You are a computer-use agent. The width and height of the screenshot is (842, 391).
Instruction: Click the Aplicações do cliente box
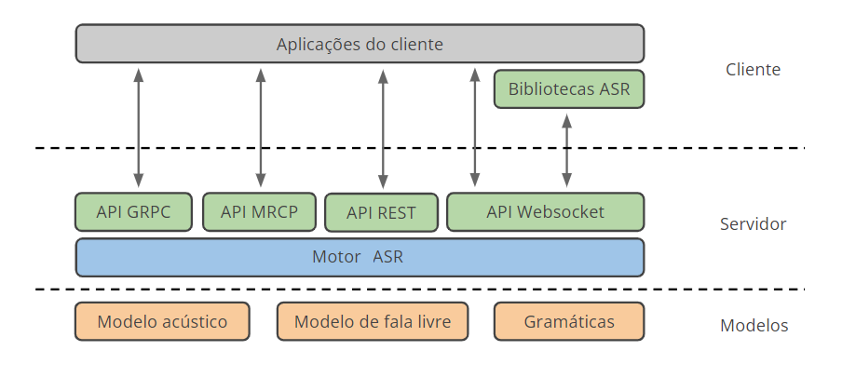point(360,44)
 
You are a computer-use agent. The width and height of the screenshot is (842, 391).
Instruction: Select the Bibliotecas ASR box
point(568,89)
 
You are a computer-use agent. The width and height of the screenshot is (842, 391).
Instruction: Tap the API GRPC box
point(133,211)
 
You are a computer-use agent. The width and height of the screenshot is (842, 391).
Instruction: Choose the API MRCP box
point(259,211)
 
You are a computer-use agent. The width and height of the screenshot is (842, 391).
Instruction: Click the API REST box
point(381,212)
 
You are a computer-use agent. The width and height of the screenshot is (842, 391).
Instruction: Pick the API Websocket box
point(545,211)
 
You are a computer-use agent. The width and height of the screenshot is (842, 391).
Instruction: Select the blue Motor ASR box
point(360,257)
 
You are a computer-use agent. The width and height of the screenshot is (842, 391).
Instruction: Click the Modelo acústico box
point(162,322)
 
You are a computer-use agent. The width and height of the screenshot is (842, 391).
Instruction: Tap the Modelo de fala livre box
point(373,322)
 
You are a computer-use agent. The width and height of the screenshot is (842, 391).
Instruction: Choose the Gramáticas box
point(568,322)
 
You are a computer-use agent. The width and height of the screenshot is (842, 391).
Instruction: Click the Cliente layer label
point(753,70)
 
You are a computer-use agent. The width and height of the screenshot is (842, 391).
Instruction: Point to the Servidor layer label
point(753,224)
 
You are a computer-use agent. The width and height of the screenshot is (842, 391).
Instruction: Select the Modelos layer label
point(754,326)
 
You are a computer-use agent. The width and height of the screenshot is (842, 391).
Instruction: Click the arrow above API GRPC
point(139,126)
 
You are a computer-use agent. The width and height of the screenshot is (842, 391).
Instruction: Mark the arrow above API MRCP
point(261,126)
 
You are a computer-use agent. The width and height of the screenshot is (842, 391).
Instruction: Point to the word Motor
point(336,257)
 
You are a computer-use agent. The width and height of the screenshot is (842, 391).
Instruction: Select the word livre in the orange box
point(431,322)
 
